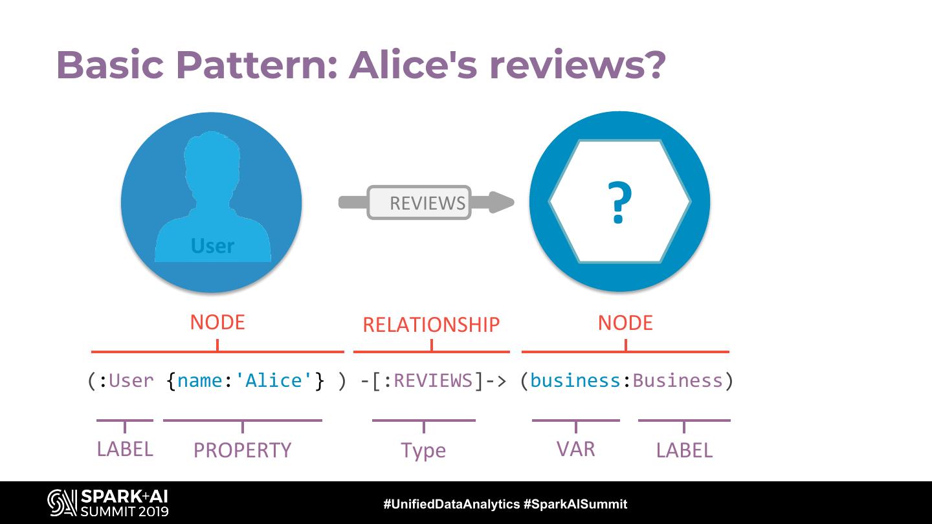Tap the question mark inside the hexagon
pos(619,203)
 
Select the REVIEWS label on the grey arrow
pos(427,203)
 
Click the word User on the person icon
pos(212,246)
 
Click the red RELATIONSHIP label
pos(431,325)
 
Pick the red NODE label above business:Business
pos(625,323)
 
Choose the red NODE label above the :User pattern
pos(217,322)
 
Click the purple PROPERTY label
pos(243,450)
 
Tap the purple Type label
pos(423,450)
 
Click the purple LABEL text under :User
pos(125,449)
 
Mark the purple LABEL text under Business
pos(684,450)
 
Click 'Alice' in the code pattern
pos(274,380)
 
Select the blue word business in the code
pos(575,380)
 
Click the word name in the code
pos(200,380)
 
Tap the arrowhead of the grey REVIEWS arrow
pos(501,202)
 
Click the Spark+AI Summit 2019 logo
pos(108,503)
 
